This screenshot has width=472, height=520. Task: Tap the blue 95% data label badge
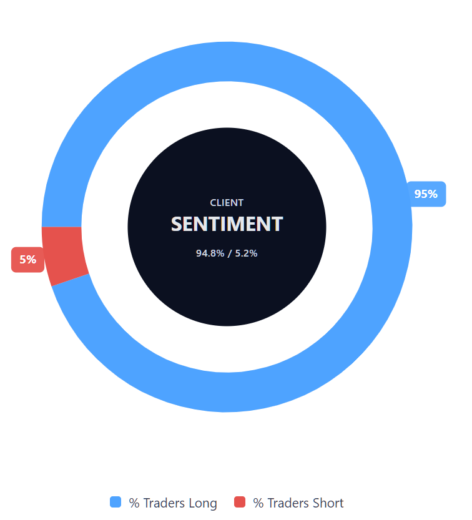(x=426, y=194)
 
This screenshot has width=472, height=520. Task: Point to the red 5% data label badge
(x=27, y=260)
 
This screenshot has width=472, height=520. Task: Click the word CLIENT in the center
(x=227, y=203)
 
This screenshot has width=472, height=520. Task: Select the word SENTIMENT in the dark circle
(x=227, y=224)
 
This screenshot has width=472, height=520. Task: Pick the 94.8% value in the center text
(x=209, y=253)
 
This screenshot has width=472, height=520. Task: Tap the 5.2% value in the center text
(x=246, y=253)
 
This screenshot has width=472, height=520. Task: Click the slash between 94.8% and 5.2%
(x=229, y=253)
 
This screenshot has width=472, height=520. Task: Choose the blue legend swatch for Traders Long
(x=116, y=502)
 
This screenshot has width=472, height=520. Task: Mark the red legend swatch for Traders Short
(x=240, y=502)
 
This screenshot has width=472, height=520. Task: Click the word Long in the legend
(x=202, y=503)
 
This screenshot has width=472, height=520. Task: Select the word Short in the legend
(x=328, y=503)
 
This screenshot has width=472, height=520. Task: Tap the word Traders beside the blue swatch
(x=164, y=503)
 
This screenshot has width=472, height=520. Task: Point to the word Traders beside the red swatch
(x=288, y=503)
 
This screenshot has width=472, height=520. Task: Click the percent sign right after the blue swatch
(x=134, y=503)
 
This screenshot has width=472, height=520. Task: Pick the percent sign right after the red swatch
(x=258, y=503)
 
